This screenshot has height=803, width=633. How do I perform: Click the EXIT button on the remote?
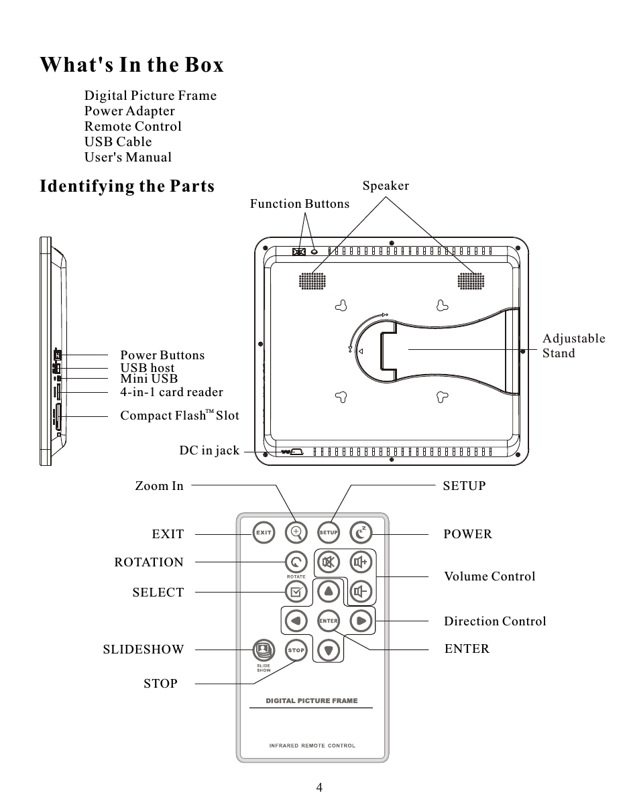point(264,533)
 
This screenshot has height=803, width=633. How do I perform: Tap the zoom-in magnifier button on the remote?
point(296,533)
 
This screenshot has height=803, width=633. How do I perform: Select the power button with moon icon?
point(361,533)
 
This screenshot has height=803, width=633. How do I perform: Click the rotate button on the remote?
point(296,562)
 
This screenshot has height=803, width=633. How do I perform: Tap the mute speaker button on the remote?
point(329,562)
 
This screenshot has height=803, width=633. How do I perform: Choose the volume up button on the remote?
point(361,562)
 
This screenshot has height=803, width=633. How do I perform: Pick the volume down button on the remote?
point(361,591)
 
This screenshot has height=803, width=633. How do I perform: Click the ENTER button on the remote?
point(328,621)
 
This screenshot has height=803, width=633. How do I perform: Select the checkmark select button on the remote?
point(296,591)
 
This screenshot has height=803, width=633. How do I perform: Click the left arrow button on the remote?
point(295,621)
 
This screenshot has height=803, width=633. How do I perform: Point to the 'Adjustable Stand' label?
point(573,346)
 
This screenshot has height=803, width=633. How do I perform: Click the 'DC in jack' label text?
point(209,451)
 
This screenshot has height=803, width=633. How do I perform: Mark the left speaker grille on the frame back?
point(310,281)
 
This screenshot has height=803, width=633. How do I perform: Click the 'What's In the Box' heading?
point(131,65)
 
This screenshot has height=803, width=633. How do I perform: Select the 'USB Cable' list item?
point(118,141)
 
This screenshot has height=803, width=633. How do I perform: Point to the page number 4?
point(319,787)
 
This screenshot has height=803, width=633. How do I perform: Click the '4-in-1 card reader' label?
point(171,392)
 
